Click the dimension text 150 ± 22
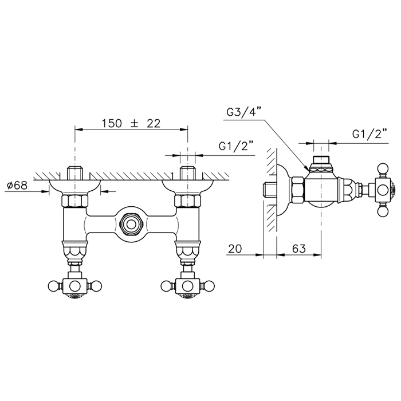pyautogui.click(x=131, y=123)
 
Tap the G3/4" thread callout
pyautogui.click(x=244, y=112)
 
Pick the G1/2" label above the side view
pyautogui.click(x=369, y=133)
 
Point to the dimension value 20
pyautogui.click(x=235, y=249)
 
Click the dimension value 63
pyautogui.click(x=298, y=249)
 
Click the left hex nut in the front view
pyautogui.click(x=74, y=200)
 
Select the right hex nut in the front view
pyautogui.click(x=187, y=200)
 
